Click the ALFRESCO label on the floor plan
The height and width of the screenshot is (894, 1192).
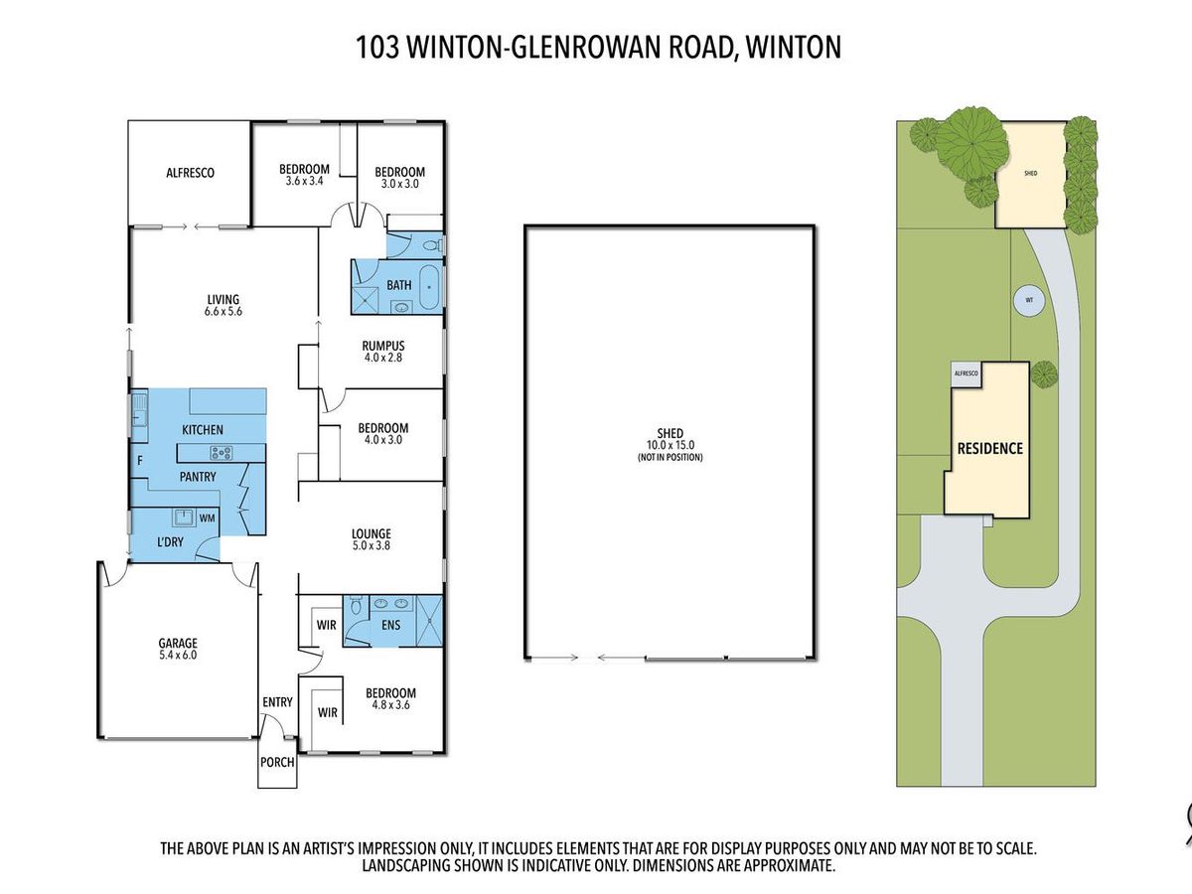point(190,172)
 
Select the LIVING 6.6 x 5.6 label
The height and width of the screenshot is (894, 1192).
point(223,305)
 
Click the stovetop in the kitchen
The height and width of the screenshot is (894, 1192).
point(222,454)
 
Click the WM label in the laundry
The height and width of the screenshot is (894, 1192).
point(208,519)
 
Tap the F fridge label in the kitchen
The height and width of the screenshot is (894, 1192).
point(139,460)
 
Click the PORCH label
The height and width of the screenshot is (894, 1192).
point(277,763)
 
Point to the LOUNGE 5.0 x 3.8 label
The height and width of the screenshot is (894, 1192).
point(370,539)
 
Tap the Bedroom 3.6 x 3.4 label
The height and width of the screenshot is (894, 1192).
point(304,175)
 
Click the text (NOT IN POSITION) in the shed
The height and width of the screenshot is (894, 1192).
point(670,458)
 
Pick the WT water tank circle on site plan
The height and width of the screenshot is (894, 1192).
point(1029,299)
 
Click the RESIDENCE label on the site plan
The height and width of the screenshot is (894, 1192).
point(989,448)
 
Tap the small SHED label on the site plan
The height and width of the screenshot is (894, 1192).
point(1031,173)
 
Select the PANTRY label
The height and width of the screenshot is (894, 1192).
point(198,477)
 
